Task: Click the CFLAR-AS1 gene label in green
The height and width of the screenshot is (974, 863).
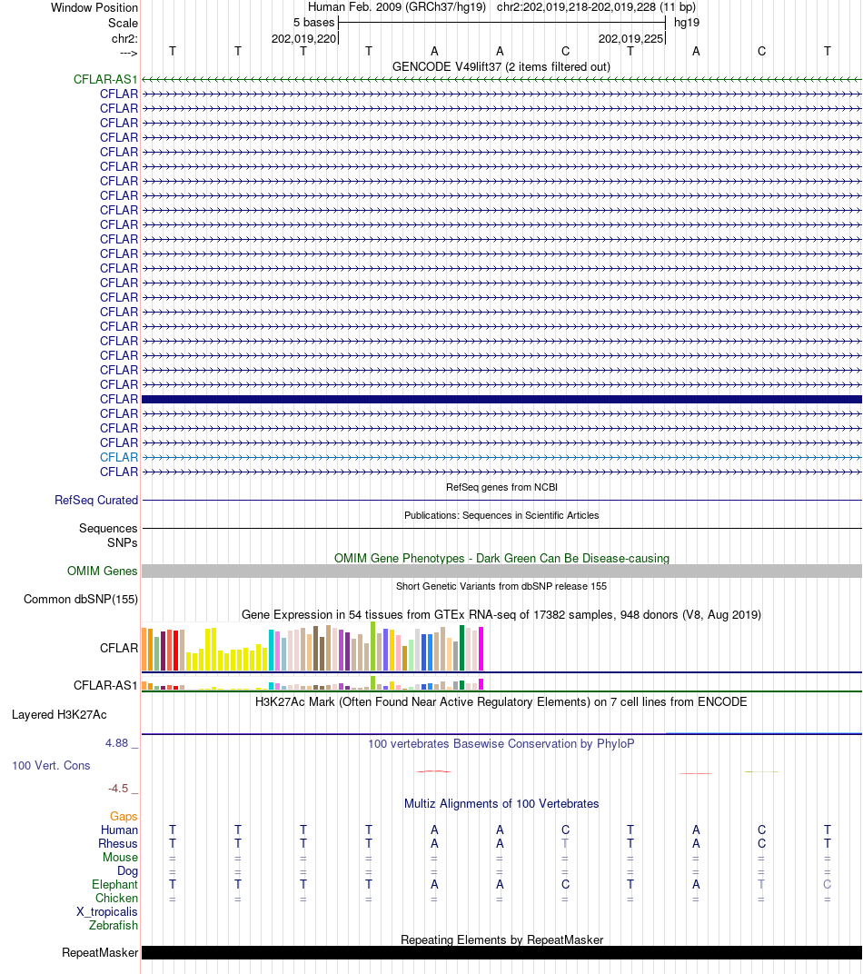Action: (105, 80)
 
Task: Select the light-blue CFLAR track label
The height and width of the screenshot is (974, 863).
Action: (119, 458)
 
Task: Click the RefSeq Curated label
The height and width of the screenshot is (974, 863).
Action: (96, 501)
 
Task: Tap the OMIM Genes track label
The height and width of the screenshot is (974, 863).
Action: (103, 571)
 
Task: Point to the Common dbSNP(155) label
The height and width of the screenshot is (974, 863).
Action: (81, 600)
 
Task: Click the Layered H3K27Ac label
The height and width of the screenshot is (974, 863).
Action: (59, 715)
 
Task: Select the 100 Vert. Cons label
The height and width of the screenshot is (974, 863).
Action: (51, 766)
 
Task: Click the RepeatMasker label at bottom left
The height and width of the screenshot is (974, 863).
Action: (100, 953)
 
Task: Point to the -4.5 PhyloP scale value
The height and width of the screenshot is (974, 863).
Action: (118, 789)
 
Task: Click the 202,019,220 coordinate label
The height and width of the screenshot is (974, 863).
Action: (303, 39)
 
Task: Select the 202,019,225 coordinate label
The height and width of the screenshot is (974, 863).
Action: (630, 39)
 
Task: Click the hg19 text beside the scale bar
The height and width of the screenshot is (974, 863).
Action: (686, 22)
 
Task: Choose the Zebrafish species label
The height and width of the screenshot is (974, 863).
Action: (114, 926)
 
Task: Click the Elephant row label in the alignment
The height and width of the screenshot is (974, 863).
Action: (114, 885)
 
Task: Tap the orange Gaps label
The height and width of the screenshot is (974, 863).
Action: (124, 817)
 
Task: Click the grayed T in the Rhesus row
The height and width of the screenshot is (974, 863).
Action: (565, 843)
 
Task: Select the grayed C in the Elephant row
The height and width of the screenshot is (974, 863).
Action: (827, 885)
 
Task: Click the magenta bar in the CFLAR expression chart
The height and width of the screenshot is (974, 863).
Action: (481, 648)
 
